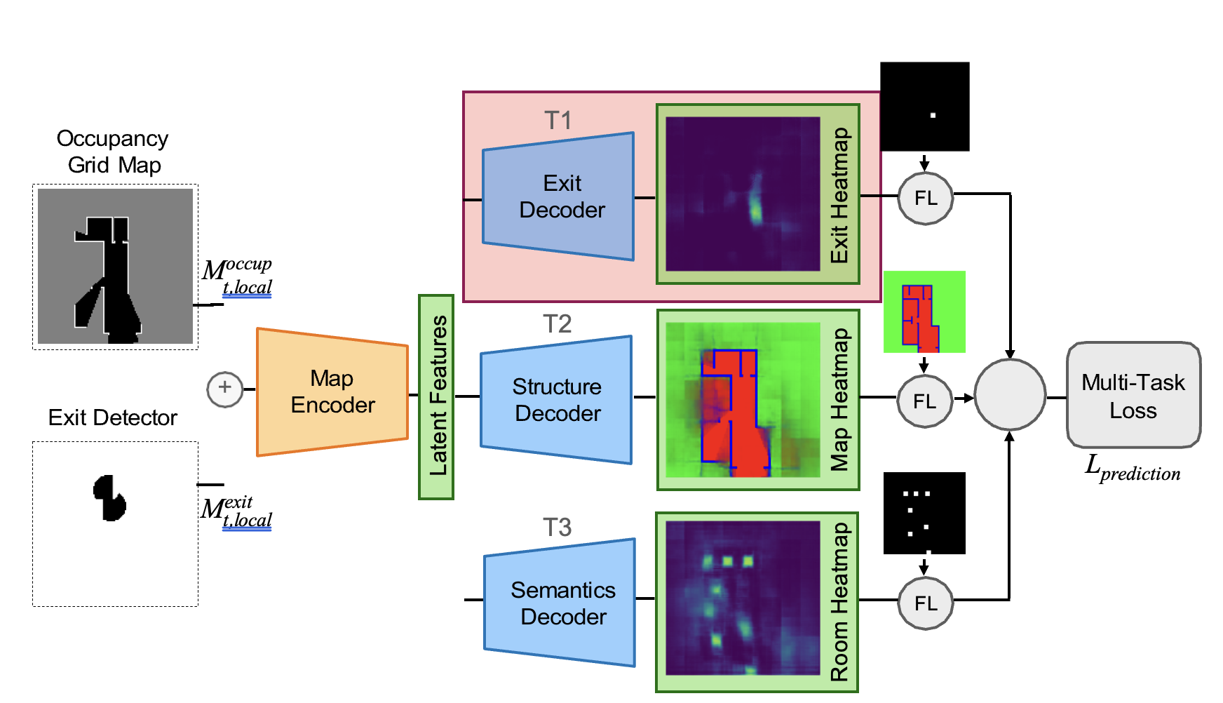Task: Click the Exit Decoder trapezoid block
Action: coord(559,196)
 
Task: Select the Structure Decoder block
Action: coord(557,399)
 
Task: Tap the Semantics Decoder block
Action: coord(560,603)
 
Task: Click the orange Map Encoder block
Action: coord(332,391)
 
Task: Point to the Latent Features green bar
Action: coord(436,397)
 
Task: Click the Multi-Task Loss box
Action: coord(1133,396)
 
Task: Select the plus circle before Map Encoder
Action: coord(224,389)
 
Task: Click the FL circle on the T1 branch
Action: coord(925,199)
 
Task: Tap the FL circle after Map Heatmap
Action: coord(924,401)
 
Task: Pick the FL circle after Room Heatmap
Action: coord(925,603)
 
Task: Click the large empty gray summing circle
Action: coord(1009,396)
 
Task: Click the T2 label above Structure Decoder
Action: coord(557,324)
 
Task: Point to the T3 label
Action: coord(557,528)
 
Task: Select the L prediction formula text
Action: coord(1132,469)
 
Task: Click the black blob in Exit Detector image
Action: coord(109,498)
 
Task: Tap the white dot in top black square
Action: coord(933,115)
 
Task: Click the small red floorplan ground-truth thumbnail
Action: coord(924,312)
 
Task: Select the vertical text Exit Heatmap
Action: coord(839,195)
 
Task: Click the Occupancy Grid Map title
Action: coord(113,152)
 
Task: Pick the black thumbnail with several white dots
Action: coord(924,513)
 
